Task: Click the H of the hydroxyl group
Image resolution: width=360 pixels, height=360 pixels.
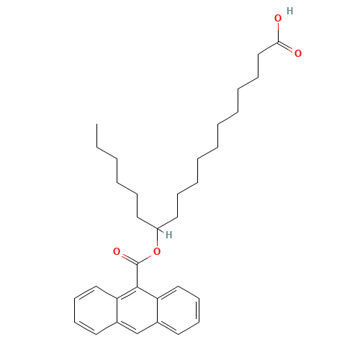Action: coord(289,11)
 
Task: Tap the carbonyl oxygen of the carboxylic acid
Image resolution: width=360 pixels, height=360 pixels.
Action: coord(298,53)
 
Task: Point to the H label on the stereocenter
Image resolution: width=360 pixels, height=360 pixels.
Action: coord(168,235)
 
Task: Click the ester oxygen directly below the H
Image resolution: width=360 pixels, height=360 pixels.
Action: coord(156,251)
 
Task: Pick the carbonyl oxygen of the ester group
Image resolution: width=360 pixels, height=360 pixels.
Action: coord(117,252)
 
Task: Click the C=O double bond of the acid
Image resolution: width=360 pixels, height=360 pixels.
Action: coord(287,48)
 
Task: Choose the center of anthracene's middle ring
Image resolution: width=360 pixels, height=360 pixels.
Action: coord(137,310)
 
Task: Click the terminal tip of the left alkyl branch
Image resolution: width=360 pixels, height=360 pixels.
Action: coord(98,148)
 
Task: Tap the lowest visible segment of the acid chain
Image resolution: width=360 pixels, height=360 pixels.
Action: coord(187,189)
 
